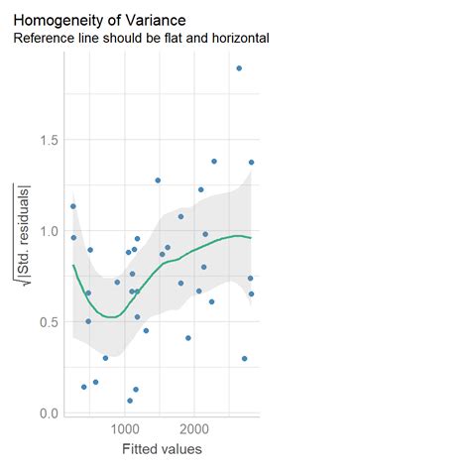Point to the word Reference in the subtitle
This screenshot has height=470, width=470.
(44, 39)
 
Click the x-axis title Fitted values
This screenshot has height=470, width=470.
(164, 451)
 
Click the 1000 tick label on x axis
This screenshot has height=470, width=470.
(124, 430)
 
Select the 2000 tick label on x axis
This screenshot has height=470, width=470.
(194, 430)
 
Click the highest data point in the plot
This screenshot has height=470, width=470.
(239, 68)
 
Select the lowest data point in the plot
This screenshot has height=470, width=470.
(130, 401)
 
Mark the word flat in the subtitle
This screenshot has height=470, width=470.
(177, 39)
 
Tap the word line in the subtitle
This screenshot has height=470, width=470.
(88, 39)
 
